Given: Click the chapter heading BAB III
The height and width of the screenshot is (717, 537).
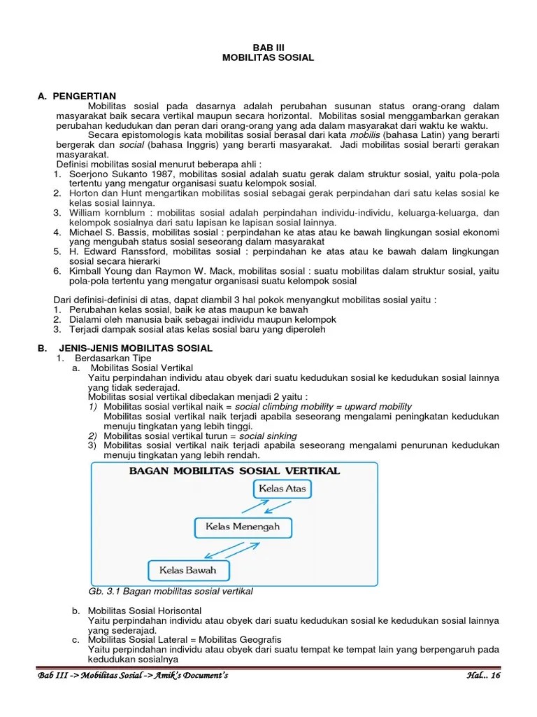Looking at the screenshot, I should point(268,48).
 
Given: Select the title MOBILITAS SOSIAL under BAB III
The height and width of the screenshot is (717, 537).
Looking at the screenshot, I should point(268,58).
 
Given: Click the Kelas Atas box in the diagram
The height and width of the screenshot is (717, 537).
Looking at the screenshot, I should point(282,488).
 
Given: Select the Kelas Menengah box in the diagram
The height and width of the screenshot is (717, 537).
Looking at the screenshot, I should point(242,527).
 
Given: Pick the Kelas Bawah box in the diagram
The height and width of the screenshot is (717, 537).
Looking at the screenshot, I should point(187,570).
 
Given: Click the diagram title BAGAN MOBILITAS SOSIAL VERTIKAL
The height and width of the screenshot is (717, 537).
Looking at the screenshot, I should point(235,471).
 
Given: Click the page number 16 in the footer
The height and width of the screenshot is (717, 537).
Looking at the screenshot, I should point(496,675).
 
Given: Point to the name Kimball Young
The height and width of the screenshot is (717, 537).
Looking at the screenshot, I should point(97,271).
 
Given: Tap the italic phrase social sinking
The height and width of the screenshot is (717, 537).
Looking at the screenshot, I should point(268,436).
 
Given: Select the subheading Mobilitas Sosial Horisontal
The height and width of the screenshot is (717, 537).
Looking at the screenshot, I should point(145,611).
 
